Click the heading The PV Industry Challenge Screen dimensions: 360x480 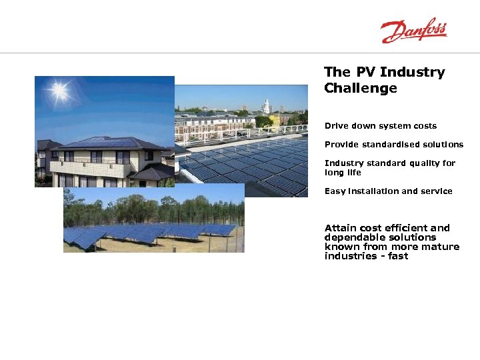384,80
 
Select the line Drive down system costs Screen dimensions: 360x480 380,126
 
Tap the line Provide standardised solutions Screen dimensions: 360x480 393,145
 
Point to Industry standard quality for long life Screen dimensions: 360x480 389,167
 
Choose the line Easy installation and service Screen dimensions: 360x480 388,191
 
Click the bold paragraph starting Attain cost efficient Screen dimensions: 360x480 391,242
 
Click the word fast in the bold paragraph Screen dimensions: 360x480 398,256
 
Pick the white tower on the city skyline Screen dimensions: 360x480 266,106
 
